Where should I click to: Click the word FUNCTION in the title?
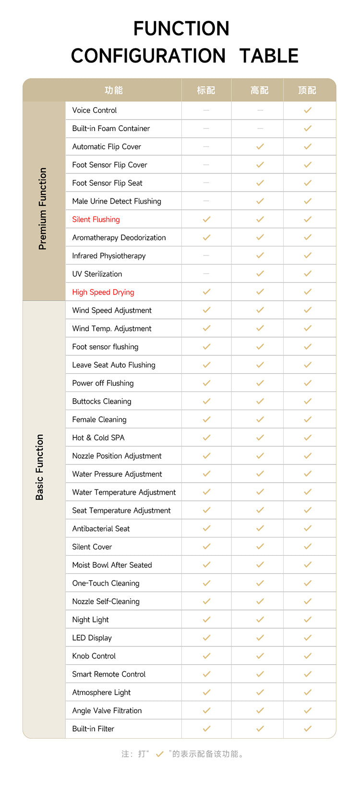[181, 29]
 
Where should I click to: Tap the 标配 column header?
[206, 90]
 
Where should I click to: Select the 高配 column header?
[260, 90]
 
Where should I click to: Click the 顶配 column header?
[307, 90]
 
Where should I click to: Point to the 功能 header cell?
[114, 90]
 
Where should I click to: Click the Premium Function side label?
[43, 208]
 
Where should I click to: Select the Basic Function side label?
[40, 467]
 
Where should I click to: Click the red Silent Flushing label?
[96, 219]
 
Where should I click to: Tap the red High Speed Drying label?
[103, 292]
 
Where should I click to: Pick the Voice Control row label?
[95, 110]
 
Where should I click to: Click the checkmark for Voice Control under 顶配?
[308, 110]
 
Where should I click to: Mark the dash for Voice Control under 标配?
[206, 110]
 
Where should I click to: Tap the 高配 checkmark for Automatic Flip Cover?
[260, 146]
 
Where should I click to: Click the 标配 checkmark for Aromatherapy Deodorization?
[206, 237]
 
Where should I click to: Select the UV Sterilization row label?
[97, 274]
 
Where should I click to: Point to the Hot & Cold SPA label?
[98, 438]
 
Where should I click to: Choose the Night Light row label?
[90, 620]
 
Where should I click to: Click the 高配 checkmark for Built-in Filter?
[260, 729]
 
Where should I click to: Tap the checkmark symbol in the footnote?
[160, 754]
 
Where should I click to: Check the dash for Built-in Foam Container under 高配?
[260, 128]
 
